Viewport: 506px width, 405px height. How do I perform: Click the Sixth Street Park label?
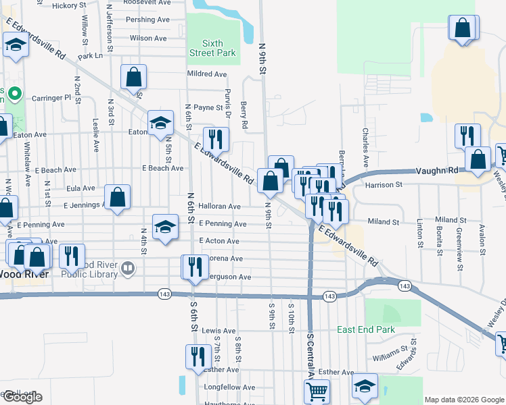pos(213,48)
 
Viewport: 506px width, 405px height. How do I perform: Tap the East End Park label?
pos(366,330)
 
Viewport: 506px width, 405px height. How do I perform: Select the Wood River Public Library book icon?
pos(127,270)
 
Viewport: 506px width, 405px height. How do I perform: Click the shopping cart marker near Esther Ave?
pos(317,391)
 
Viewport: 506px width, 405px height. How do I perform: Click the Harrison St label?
pos(384,184)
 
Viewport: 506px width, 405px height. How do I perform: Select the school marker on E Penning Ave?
pos(165,227)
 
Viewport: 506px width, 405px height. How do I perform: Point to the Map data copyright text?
pos(463,400)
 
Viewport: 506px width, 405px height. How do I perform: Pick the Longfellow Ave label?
pos(229,388)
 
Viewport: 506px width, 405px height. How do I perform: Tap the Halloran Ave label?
pos(219,207)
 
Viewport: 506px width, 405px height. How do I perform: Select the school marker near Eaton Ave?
pos(160,123)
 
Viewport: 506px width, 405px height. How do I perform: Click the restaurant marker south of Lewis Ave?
pos(198,356)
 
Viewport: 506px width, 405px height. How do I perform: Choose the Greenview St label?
pos(459,244)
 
